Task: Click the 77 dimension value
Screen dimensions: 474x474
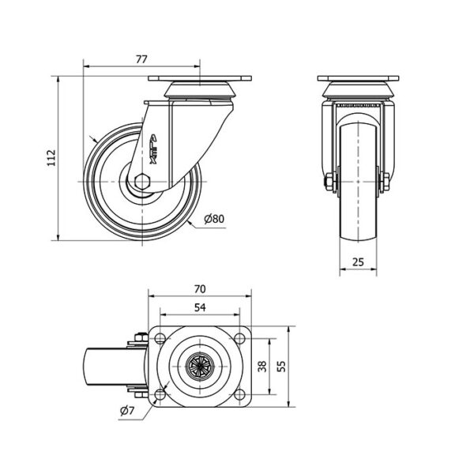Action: [141, 59]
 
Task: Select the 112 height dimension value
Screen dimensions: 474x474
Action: [51, 157]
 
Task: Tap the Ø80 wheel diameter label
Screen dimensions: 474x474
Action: [214, 219]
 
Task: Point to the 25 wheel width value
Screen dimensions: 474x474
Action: [358, 261]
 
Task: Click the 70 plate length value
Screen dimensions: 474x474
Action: [200, 289]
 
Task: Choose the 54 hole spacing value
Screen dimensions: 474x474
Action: [200, 307]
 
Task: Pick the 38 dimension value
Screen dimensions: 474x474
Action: [262, 367]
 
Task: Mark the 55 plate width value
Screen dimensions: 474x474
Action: [281, 367]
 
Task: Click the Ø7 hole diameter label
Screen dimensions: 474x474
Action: [127, 410]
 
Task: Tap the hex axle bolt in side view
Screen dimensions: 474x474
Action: [142, 182]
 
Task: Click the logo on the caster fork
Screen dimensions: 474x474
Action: [153, 149]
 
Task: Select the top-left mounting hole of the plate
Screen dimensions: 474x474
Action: [160, 338]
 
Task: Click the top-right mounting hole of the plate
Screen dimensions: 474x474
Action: [239, 338]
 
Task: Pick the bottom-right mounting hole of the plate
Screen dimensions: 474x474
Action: [239, 394]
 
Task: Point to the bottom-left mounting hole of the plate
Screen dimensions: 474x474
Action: [160, 394]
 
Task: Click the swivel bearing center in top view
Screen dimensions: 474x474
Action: [200, 366]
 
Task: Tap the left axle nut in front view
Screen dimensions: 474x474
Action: [330, 182]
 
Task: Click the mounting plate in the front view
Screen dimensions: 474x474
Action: [358, 78]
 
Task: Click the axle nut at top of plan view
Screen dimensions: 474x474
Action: [140, 337]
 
